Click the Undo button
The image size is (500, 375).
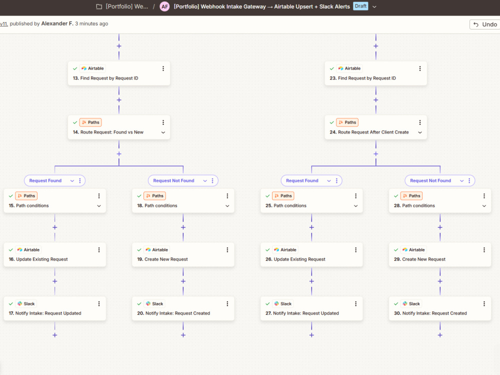485,24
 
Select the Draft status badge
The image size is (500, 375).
360,6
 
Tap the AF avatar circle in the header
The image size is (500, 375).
164,6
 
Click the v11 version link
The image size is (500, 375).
4,23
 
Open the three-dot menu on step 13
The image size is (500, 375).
163,68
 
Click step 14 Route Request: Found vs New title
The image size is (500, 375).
108,132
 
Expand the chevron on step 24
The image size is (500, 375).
420,132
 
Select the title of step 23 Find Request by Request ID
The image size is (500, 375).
362,78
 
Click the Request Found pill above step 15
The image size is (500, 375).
45,180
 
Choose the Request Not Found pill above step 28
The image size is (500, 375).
430,180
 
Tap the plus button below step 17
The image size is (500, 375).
55,335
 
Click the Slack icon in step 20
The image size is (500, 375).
148,303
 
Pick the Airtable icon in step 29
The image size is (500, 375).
405,249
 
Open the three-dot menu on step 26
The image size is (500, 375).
356,250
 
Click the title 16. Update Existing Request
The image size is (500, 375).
38,259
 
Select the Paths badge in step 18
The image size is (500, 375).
154,196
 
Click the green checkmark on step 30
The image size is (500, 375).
396,304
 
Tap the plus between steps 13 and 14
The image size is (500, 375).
119,100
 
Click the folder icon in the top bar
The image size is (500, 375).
99,6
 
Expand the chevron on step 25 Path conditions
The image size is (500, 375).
356,206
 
